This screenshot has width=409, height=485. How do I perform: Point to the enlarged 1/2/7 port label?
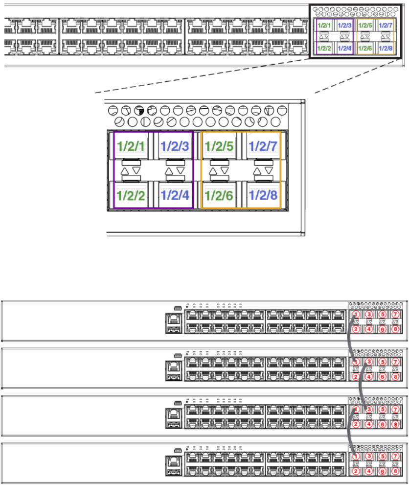pos(263,146)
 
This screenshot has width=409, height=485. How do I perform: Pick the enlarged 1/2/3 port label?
pos(174,146)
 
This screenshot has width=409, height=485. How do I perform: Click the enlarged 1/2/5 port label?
pos(219,146)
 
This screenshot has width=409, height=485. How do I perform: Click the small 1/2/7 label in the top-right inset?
pos(386,25)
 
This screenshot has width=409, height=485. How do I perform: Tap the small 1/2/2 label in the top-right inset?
pos(324,48)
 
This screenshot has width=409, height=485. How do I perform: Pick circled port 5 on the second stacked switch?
pos(383,362)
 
